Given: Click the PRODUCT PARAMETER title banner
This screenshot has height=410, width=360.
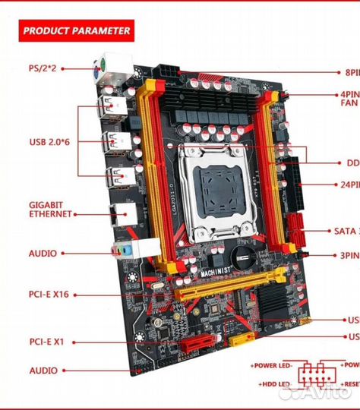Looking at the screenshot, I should tap(77, 31).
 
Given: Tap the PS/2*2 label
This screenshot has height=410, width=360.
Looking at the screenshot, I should tap(43, 68).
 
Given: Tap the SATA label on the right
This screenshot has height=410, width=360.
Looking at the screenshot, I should tap(346, 231).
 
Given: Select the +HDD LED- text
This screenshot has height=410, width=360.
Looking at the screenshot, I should tap(273, 385).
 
